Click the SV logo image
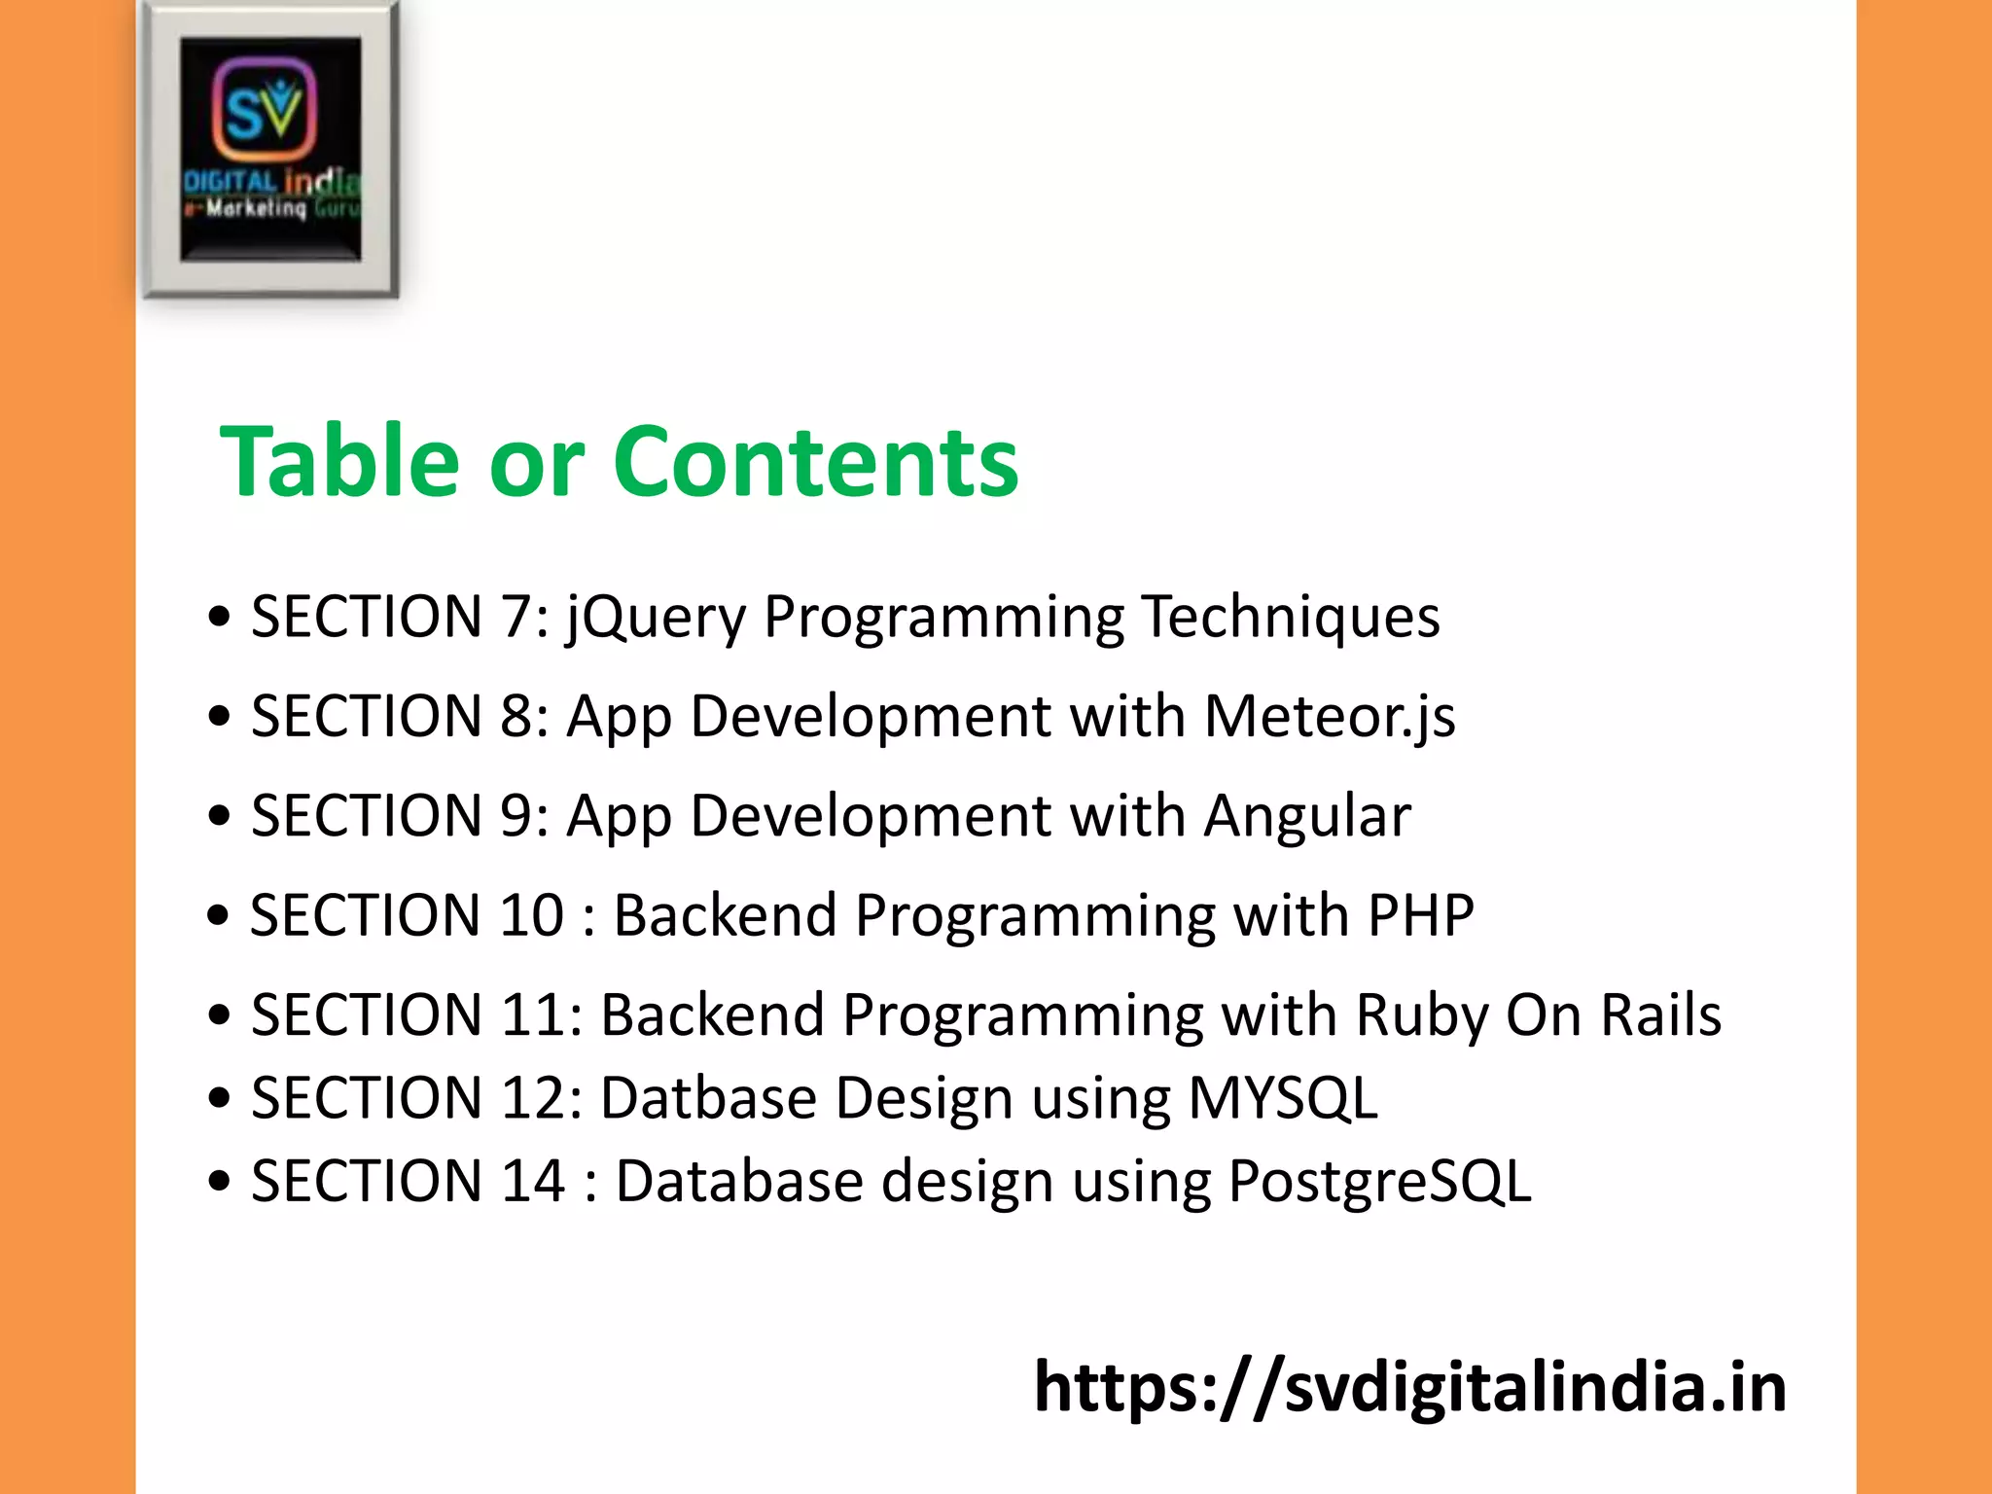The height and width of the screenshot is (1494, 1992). click(270, 149)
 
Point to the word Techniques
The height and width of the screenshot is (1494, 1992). click(1291, 618)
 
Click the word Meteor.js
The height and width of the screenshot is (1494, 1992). click(1330, 717)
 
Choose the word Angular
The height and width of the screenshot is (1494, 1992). click(1307, 816)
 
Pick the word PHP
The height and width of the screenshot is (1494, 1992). click(1420, 915)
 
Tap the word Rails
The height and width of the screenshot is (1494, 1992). click(1661, 1015)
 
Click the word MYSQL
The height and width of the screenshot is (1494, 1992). click(1283, 1098)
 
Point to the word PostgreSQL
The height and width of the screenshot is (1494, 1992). click(1379, 1182)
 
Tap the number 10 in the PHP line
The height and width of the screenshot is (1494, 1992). click(531, 915)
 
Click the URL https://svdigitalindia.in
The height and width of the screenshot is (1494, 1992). click(1409, 1387)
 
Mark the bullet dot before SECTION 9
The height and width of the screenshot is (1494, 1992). click(220, 816)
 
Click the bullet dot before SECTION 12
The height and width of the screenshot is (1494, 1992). click(220, 1098)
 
